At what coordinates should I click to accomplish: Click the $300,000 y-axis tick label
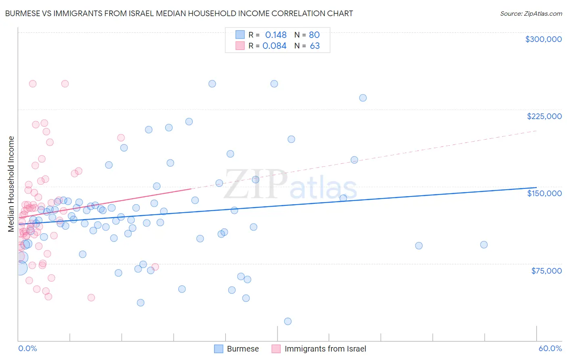coord(543,39)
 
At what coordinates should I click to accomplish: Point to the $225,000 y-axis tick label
coord(544,116)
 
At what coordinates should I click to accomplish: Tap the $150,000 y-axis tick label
coord(544,193)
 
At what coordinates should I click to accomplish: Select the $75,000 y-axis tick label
coord(546,271)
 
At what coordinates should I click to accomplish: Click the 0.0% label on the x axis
coord(27,348)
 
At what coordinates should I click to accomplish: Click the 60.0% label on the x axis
coord(550,348)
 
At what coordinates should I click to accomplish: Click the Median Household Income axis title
coord(11,184)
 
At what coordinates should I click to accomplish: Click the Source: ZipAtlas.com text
coord(531,13)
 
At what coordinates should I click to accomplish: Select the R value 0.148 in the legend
coord(276,35)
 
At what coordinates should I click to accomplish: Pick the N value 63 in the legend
coord(315,46)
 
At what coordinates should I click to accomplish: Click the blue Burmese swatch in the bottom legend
coord(219,349)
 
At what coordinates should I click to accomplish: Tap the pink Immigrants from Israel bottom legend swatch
coord(276,349)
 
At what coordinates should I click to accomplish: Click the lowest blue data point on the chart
coord(288,321)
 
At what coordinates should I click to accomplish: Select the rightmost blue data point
coord(484,245)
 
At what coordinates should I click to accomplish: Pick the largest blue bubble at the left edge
coord(21,268)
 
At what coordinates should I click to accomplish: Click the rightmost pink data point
coord(155,267)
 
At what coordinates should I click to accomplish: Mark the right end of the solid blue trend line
coord(536,188)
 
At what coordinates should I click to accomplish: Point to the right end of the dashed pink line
coord(536,131)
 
